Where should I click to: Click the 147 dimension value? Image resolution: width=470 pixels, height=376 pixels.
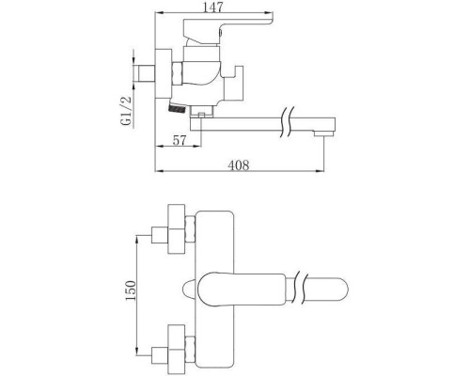(x=213, y=7)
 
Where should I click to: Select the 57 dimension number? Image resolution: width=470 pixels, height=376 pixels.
(x=180, y=140)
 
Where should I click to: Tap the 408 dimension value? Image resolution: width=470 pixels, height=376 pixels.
(x=239, y=165)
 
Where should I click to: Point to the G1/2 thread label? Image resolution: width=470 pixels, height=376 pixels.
(x=126, y=111)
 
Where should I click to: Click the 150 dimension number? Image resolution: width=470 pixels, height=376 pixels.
(x=131, y=290)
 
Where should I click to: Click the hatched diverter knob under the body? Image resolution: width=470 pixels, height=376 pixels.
(x=177, y=108)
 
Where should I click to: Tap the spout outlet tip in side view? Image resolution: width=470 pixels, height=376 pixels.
(x=323, y=133)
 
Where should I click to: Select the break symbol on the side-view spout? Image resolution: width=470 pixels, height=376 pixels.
(x=289, y=122)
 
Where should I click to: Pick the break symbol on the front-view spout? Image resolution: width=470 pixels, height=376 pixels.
(x=300, y=288)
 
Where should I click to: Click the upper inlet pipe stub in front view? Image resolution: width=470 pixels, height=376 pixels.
(x=160, y=235)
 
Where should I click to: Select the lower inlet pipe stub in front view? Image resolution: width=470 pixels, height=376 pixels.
(x=160, y=354)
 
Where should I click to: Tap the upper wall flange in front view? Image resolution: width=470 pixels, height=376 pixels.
(x=177, y=229)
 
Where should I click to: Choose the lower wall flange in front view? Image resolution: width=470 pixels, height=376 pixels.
(x=177, y=349)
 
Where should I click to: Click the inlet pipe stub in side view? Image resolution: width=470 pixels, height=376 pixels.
(x=145, y=74)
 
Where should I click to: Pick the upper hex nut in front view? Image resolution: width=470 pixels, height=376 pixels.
(x=190, y=229)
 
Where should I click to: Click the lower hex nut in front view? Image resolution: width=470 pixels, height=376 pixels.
(x=190, y=350)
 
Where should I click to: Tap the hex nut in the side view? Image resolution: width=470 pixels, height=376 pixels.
(x=178, y=73)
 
